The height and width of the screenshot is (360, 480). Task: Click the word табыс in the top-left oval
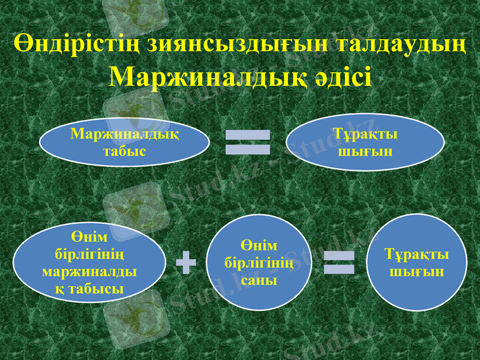[x=124, y=151]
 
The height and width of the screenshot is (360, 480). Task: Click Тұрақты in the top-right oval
[x=365, y=134]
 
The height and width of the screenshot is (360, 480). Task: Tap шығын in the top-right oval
[x=365, y=151]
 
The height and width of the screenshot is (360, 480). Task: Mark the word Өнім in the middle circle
[x=259, y=246]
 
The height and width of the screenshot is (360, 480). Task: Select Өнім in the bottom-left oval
[x=89, y=237]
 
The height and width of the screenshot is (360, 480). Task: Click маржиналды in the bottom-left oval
[x=89, y=271]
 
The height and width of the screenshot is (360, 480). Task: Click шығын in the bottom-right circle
[x=416, y=272]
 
